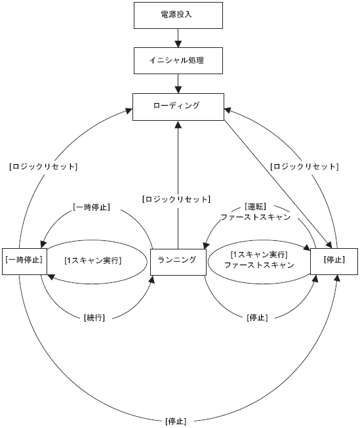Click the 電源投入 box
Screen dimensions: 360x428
pos(178,15)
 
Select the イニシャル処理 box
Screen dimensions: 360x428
pos(178,60)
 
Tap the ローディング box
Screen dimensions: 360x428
pos(178,107)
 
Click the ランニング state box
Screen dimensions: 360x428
pos(178,262)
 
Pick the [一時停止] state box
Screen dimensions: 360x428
pos(24,261)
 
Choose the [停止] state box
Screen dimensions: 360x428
pos(334,261)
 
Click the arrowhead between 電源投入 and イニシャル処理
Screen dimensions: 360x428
pos(178,44)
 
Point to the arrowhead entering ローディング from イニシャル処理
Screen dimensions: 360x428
pos(178,90)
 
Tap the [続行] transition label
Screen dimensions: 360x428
pos(94,318)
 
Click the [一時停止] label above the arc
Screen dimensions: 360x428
pos(92,207)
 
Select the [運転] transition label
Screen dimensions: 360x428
pos(256,207)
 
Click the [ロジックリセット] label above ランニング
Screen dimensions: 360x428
pos(176,200)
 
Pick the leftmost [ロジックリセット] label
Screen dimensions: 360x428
pos(43,167)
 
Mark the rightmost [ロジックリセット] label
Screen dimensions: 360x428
pos(304,167)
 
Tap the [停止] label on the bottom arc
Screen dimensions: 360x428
pos(176,421)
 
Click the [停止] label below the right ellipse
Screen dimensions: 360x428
pos(257,318)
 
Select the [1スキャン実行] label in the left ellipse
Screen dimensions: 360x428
pos(93,261)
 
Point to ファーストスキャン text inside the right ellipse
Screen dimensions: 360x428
pos(259,265)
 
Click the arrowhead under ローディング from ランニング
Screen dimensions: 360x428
pos(178,124)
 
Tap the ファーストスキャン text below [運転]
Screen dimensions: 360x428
pos(256,217)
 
